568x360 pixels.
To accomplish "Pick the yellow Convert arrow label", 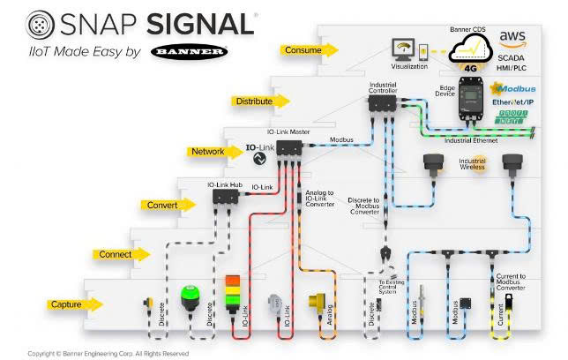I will tap(162, 205).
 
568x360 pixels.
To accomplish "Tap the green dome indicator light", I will tap(191, 296).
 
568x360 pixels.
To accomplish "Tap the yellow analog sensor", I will tap(317, 303).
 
